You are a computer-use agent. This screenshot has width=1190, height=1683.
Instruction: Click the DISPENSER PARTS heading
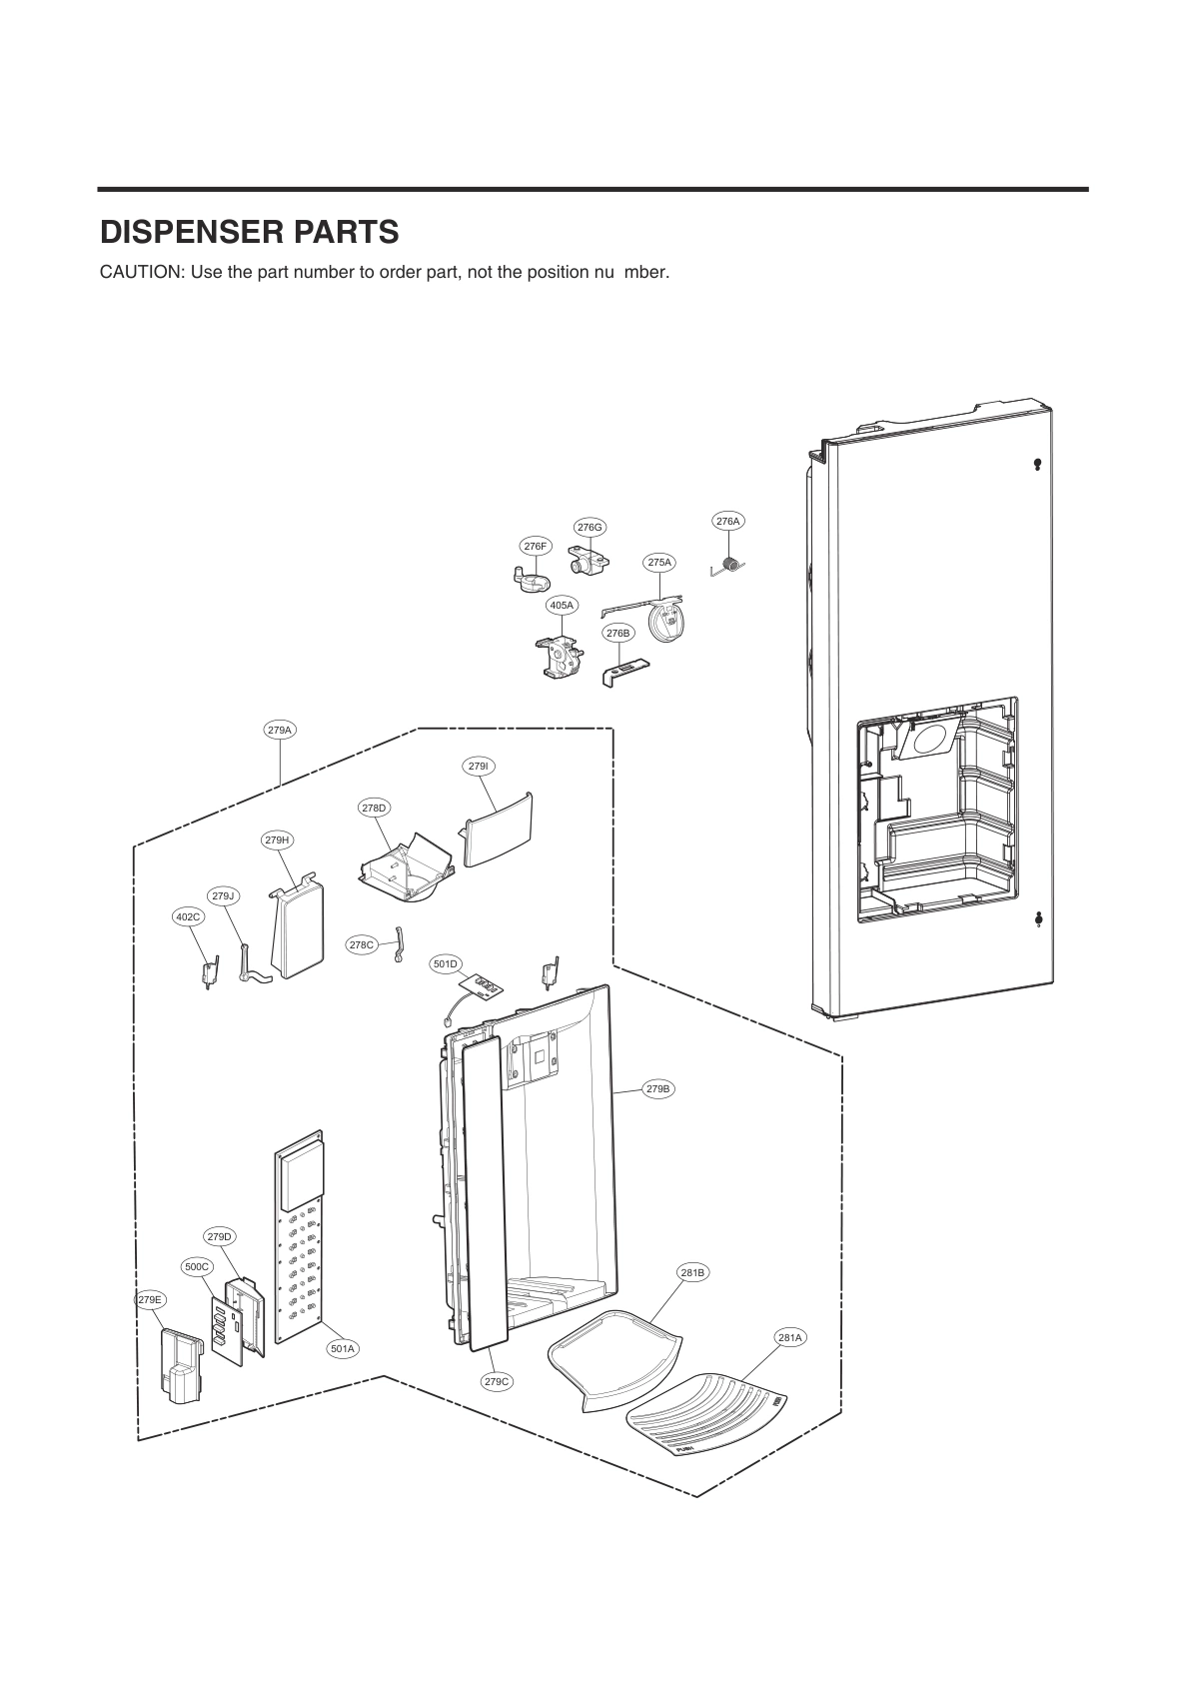(x=249, y=232)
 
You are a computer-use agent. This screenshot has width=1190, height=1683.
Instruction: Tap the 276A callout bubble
(x=728, y=521)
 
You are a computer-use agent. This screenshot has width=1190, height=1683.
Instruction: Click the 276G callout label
(x=590, y=527)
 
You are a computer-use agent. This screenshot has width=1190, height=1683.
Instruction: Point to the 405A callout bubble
(x=562, y=605)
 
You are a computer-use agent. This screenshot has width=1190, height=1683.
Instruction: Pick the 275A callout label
(x=659, y=563)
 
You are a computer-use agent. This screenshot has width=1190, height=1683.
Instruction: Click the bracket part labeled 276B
(x=625, y=668)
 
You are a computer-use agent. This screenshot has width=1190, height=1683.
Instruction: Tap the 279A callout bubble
(x=280, y=730)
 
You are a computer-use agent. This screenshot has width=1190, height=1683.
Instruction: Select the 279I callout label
(x=479, y=766)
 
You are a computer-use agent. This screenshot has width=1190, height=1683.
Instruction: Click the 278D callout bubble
(x=374, y=807)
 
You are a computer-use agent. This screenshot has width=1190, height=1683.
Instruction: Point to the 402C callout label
(x=188, y=915)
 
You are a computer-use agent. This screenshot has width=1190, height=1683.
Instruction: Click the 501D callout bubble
(x=446, y=963)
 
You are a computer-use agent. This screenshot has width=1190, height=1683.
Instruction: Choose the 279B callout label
(x=657, y=1088)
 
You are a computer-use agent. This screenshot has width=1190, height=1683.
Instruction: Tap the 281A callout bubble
(x=789, y=1336)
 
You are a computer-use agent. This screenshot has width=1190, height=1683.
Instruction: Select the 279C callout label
(x=497, y=1381)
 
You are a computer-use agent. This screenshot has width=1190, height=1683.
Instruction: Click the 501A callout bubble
(x=343, y=1348)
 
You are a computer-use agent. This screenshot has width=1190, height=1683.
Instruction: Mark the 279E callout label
(x=150, y=1299)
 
